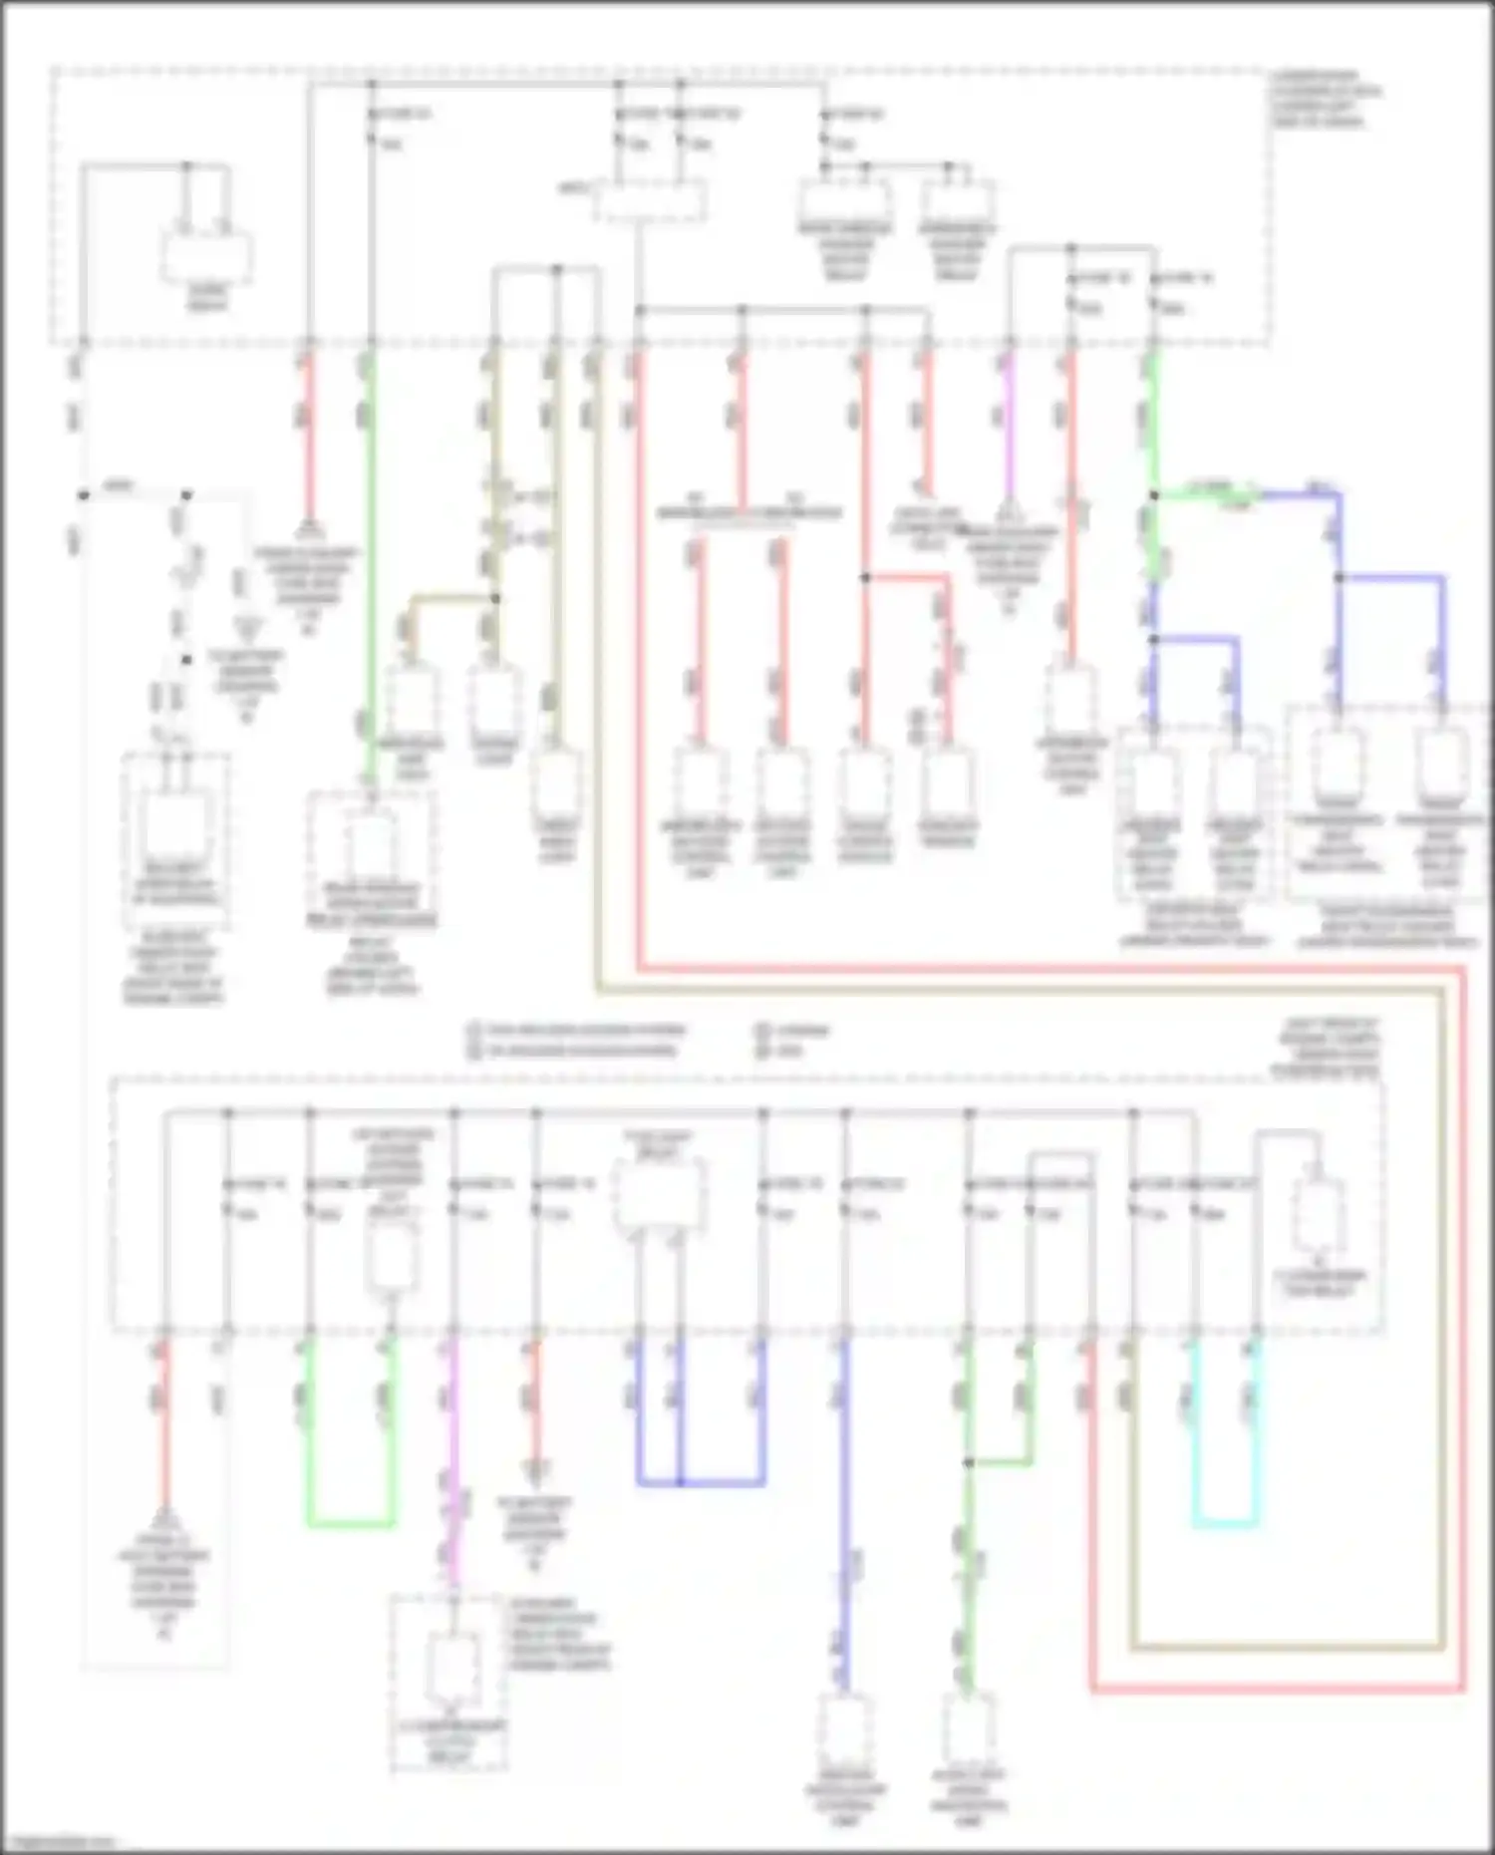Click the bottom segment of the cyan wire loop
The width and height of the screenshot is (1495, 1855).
pyautogui.click(x=1225, y=1524)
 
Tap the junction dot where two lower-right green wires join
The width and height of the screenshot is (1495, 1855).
pyautogui.click(x=968, y=1462)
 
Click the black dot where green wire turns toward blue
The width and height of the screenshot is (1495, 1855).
pyautogui.click(x=1153, y=494)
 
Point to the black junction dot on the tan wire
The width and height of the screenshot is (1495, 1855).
pyautogui.click(x=495, y=598)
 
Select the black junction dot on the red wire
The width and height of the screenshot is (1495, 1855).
pyautogui.click(x=865, y=577)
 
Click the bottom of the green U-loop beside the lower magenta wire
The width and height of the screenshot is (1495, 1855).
pyautogui.click(x=350, y=1523)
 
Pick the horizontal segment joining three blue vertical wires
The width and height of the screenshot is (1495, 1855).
pyautogui.click(x=700, y=1482)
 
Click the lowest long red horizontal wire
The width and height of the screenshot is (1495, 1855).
pyautogui.click(x=1276, y=1690)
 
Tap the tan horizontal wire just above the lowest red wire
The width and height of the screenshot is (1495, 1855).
pyautogui.click(x=1286, y=1647)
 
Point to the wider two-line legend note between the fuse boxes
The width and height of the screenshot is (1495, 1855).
pyautogui.click(x=578, y=1040)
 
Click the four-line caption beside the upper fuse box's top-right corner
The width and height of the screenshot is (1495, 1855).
pyautogui.click(x=1326, y=100)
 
